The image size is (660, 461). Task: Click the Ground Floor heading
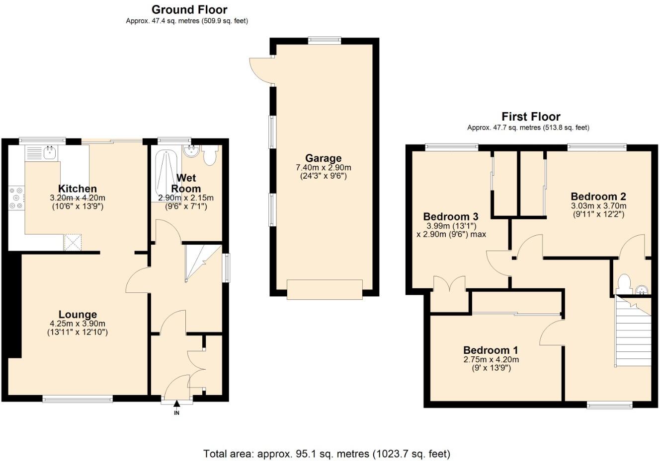click(x=189, y=9)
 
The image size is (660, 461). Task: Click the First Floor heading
click(x=530, y=117)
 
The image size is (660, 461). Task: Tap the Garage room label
click(x=323, y=158)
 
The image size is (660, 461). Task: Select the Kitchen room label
click(x=78, y=189)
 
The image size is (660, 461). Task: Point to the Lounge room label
click(x=78, y=315)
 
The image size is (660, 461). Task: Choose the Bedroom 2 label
click(x=598, y=196)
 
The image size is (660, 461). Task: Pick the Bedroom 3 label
click(x=450, y=216)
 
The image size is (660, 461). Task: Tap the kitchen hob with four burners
click(x=15, y=198)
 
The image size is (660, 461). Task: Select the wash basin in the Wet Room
click(x=191, y=150)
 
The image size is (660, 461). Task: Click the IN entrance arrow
click(x=176, y=407)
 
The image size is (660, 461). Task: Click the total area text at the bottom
click(x=327, y=454)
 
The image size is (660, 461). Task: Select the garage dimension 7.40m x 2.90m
click(x=323, y=168)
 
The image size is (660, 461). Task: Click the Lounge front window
click(x=77, y=398)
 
